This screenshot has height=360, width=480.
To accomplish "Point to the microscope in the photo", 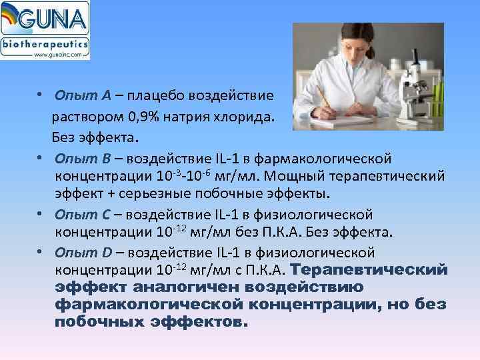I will pos(416,93).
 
